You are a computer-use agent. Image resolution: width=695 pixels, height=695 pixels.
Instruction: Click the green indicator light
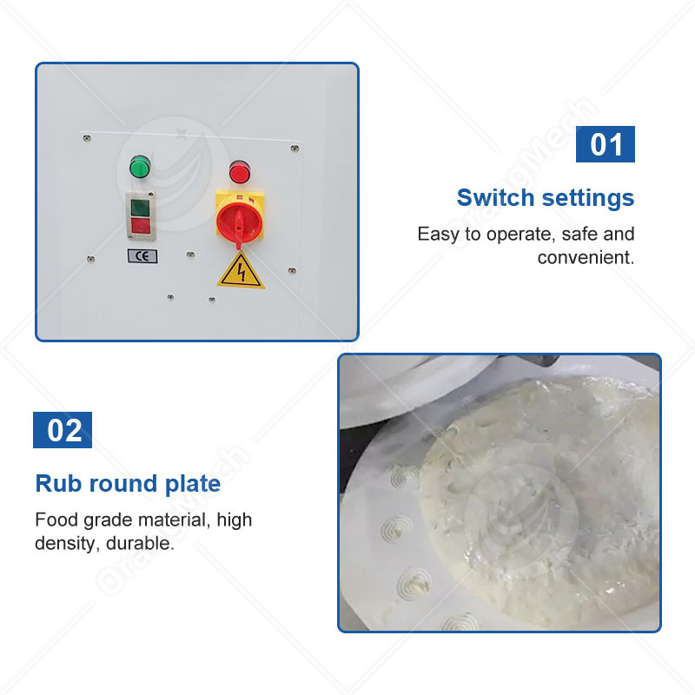click(138, 166)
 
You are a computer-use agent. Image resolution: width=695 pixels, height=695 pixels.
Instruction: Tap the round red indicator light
click(239, 170)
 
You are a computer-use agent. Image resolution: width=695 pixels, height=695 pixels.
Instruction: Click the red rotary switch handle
click(240, 221)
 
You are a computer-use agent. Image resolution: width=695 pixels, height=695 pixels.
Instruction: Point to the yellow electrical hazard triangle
click(241, 272)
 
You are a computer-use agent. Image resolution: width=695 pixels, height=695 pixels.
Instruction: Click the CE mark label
click(142, 255)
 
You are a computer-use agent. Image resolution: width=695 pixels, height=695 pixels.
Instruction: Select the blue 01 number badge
click(606, 144)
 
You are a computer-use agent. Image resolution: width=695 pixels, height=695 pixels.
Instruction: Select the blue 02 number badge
click(63, 430)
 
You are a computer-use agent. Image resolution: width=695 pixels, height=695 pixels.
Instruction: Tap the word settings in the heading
click(588, 198)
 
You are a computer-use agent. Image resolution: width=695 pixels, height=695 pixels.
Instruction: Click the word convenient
click(586, 257)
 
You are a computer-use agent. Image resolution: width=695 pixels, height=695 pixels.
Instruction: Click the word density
click(63, 546)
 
